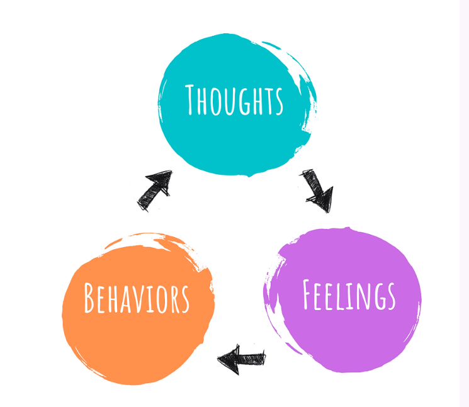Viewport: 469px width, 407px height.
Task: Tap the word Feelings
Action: pos(349,296)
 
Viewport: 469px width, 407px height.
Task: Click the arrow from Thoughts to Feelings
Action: pos(317,190)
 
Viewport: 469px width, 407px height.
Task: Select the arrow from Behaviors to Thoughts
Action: pos(154,190)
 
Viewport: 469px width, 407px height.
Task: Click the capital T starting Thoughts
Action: pos(193,99)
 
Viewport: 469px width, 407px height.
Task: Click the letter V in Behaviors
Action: pos(140,299)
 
